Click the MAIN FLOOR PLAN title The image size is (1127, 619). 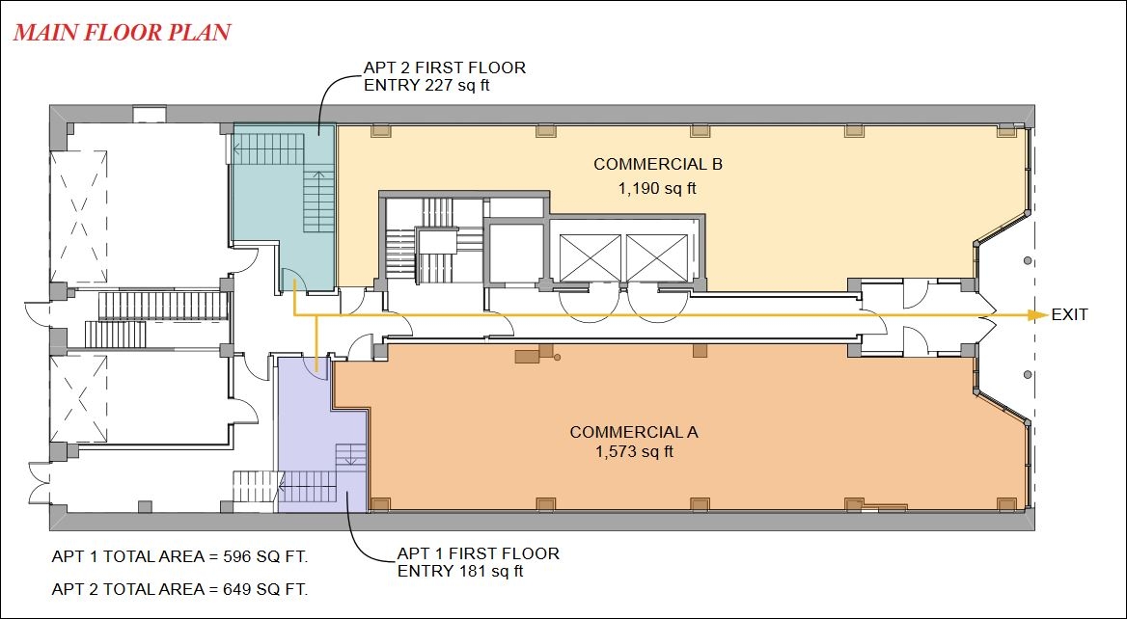point(123,33)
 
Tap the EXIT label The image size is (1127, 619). point(1069,314)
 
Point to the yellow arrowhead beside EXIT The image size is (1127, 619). point(1037,314)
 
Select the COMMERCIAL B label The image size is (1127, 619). point(658,164)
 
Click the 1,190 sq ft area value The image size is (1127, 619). point(658,190)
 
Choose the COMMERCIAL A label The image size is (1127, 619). point(634,432)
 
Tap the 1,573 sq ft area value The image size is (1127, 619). point(634,452)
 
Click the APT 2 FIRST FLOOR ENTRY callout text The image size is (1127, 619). point(445,76)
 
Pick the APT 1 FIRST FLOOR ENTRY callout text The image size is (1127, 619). point(478,562)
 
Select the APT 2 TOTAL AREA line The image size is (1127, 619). point(179,590)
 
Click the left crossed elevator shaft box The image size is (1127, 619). point(590,257)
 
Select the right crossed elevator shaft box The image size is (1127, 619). point(656,257)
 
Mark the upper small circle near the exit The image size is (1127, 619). point(1029,260)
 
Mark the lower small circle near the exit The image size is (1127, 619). point(1029,374)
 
